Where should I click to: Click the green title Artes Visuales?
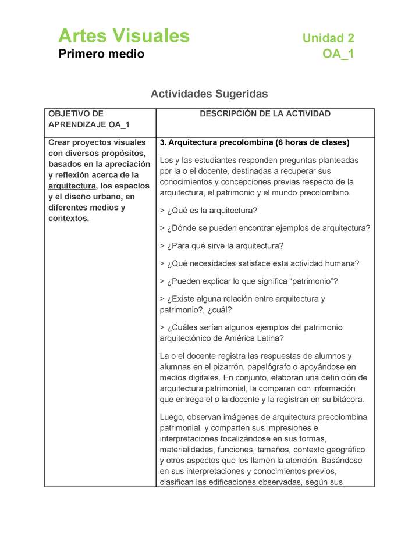click(123, 36)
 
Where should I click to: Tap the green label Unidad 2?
click(328, 38)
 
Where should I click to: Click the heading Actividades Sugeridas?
click(209, 93)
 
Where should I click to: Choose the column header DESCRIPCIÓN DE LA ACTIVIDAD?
click(265, 114)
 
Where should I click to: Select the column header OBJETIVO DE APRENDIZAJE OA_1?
click(88, 119)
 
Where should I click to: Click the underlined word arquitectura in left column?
click(72, 186)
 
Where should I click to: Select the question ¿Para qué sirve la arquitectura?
click(221, 245)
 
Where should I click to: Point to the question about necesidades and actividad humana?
click(259, 263)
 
